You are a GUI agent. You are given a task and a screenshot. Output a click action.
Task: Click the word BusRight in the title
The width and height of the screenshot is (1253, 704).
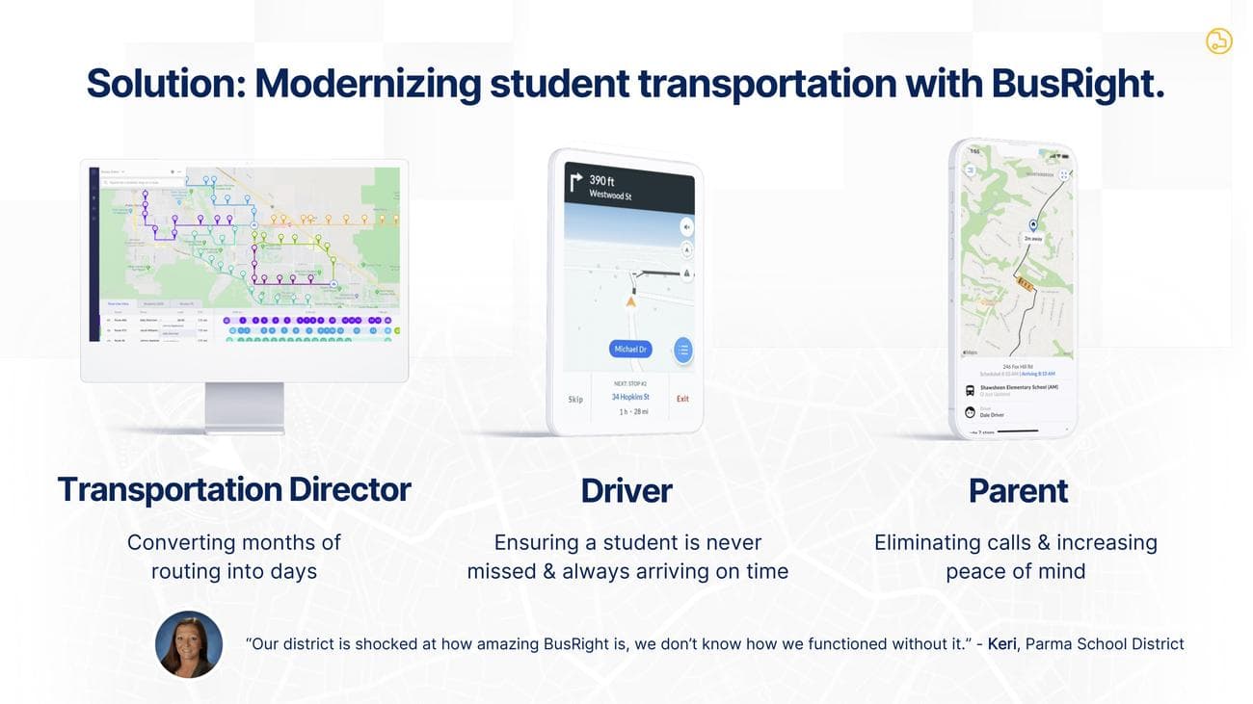pos(1078,84)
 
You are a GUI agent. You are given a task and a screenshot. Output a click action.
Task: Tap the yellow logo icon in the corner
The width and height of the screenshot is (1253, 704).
pos(1218,40)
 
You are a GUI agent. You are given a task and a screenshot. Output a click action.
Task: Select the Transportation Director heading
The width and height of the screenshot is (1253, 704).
pos(234,489)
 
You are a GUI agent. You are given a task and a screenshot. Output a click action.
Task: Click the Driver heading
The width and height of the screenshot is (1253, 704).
pos(626,490)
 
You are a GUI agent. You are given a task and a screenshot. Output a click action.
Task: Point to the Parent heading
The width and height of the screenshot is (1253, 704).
pos(1018,491)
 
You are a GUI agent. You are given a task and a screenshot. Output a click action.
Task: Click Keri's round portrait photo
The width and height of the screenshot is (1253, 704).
pos(189,644)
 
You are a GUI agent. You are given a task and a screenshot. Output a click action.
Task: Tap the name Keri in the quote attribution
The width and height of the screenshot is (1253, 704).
pos(1002,643)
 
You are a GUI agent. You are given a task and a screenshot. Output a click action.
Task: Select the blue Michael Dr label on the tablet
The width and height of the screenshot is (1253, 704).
pos(630,349)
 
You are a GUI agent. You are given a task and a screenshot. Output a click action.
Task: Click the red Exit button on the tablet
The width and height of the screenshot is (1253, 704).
pos(682,399)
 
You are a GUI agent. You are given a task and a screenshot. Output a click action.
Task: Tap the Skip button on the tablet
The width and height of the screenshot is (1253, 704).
pos(575,400)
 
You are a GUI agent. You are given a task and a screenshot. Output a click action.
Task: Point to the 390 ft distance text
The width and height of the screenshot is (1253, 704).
pos(602,180)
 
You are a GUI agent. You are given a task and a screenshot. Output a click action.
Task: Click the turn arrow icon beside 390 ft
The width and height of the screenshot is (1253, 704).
pos(576,183)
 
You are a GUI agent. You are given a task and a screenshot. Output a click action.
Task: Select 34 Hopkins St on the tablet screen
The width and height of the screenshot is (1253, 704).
pos(630,397)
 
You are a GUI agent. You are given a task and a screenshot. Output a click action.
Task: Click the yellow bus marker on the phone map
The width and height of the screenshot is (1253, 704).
pos(1025,285)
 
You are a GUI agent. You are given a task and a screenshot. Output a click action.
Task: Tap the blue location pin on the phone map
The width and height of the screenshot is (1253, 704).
pos(1033,224)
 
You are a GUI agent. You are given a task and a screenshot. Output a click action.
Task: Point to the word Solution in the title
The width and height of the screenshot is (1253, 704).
pos(165,84)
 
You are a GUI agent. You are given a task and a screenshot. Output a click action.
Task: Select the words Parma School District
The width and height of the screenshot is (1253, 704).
pos(1105,643)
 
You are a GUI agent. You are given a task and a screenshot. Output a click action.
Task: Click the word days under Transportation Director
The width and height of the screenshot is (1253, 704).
pos(293,571)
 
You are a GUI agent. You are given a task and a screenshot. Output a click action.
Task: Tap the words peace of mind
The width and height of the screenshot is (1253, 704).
pos(1016,571)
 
